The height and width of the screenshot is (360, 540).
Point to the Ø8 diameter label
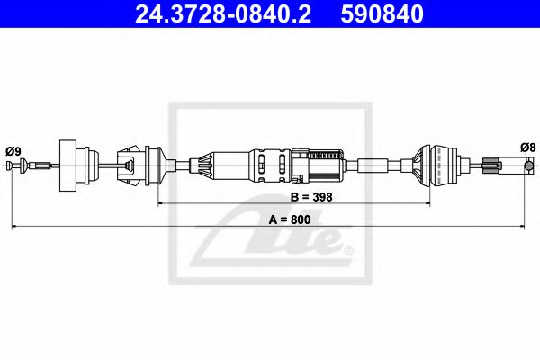pyautogui.click(x=527, y=148)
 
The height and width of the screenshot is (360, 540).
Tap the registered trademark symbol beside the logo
pyautogui.click(x=348, y=249)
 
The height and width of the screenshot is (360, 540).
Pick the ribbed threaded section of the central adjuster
pyautogui.click(x=322, y=165)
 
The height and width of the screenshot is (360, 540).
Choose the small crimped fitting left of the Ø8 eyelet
pyautogui.click(x=491, y=165)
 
